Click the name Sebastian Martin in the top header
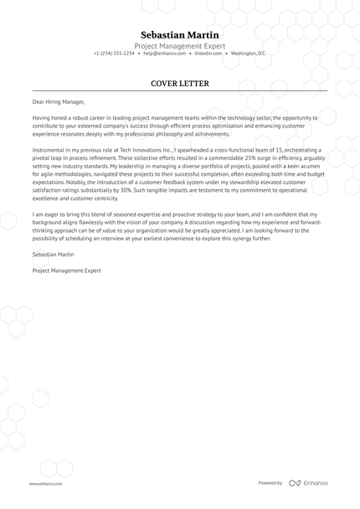tap(179, 34)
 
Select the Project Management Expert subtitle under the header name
tap(179, 45)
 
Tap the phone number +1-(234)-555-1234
tap(114, 54)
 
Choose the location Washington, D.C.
tap(248, 54)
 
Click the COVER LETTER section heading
tap(179, 84)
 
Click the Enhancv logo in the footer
tap(309, 483)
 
